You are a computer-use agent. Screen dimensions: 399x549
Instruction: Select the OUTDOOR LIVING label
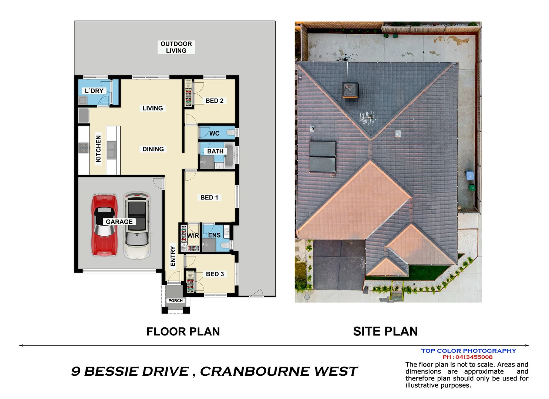(176, 47)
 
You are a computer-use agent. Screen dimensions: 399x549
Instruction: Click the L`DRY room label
(94, 91)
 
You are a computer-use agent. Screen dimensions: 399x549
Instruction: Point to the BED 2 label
(214, 101)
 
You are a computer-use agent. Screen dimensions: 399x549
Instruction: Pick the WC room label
(214, 133)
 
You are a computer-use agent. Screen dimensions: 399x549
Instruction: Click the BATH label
(215, 151)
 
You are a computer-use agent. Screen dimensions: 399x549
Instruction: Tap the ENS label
(214, 235)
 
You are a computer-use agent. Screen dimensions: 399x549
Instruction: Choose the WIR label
(193, 236)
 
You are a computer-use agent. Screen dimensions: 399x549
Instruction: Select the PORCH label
(175, 301)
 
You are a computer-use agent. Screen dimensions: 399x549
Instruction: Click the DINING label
(153, 149)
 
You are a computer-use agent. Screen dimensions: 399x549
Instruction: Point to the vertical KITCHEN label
(98, 149)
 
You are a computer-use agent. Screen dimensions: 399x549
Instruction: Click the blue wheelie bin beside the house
(470, 175)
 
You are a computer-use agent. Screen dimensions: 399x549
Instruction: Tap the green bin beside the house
(472, 188)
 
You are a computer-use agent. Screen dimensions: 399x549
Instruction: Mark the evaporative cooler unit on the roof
(350, 90)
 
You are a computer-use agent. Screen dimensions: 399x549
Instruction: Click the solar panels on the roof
(323, 157)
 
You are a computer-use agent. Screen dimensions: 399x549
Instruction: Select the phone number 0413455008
(474, 357)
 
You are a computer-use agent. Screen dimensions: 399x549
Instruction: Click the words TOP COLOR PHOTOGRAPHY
(468, 351)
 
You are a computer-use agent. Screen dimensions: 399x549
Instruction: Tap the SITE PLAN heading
(385, 331)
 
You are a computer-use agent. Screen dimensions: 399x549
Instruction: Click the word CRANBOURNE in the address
(255, 371)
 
